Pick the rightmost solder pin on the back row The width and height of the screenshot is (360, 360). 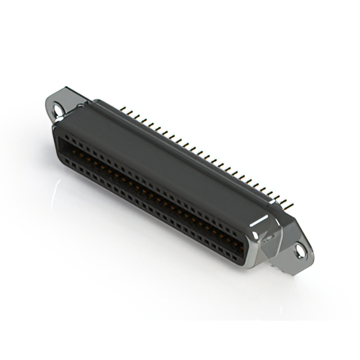(x=291, y=202)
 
